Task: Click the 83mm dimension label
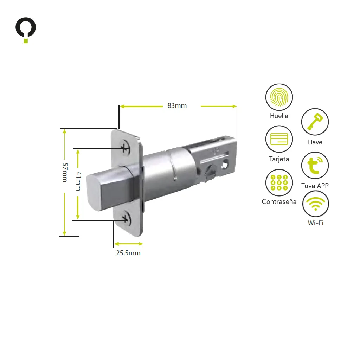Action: coord(177,105)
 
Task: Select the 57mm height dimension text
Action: coord(65,172)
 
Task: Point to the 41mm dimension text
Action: coord(78,181)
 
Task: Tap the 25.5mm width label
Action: coord(128,253)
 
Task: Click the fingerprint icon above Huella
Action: coord(279,97)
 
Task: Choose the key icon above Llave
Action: coord(315,122)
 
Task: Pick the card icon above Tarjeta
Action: coord(279,139)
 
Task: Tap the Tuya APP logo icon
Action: coord(315,165)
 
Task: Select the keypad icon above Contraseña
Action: coord(279,183)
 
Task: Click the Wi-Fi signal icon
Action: coord(315,204)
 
